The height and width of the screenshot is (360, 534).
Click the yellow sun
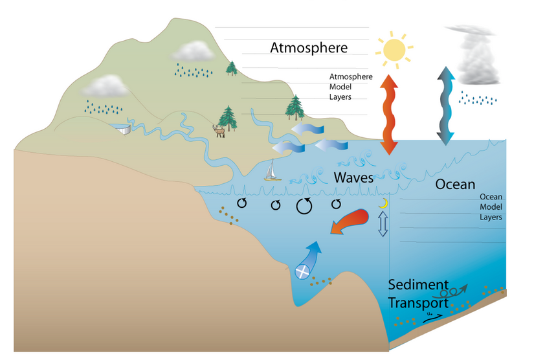[394, 49]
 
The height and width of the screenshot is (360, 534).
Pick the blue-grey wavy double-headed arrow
[444, 106]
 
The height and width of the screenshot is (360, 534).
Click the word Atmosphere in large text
[309, 47]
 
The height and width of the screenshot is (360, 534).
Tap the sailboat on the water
[272, 170]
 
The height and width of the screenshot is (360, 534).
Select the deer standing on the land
[220, 131]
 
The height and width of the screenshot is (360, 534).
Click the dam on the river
[122, 129]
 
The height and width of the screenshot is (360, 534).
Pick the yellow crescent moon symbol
[383, 203]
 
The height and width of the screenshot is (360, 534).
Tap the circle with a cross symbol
[302, 271]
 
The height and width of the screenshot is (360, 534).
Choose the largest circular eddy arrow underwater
[304, 206]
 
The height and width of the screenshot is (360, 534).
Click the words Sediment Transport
[418, 293]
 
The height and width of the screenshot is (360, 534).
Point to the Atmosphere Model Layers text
[351, 87]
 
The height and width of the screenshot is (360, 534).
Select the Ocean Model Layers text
[491, 207]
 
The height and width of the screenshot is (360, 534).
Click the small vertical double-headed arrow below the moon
[383, 223]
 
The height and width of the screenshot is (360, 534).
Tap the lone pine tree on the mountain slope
[232, 67]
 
